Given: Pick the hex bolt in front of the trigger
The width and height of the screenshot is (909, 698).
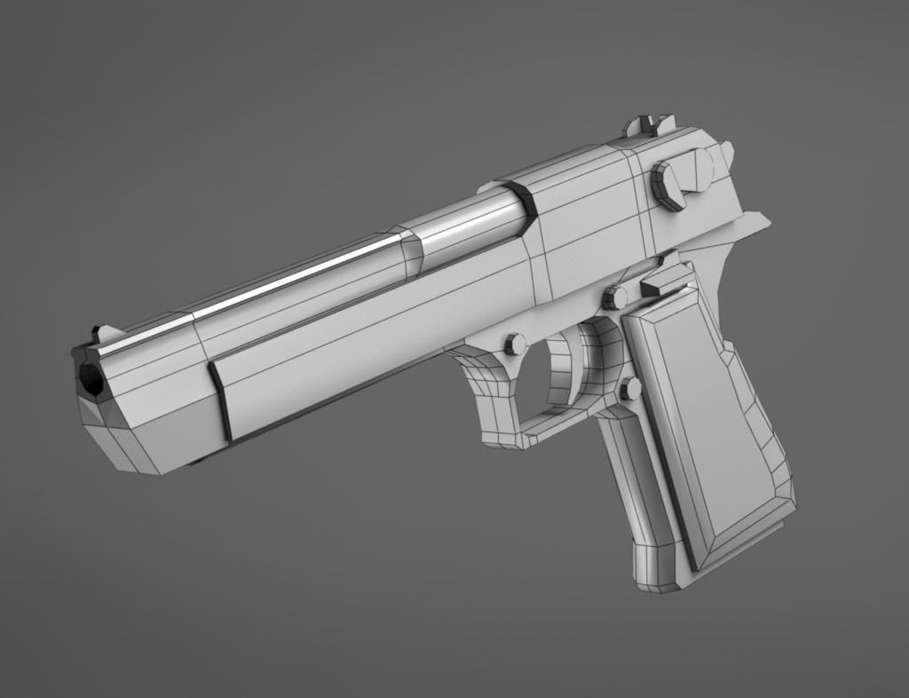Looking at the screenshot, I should point(515,345).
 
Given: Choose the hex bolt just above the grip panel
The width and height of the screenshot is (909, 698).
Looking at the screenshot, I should point(614,297).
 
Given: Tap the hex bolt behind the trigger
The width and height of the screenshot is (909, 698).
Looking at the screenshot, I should point(630,388).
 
